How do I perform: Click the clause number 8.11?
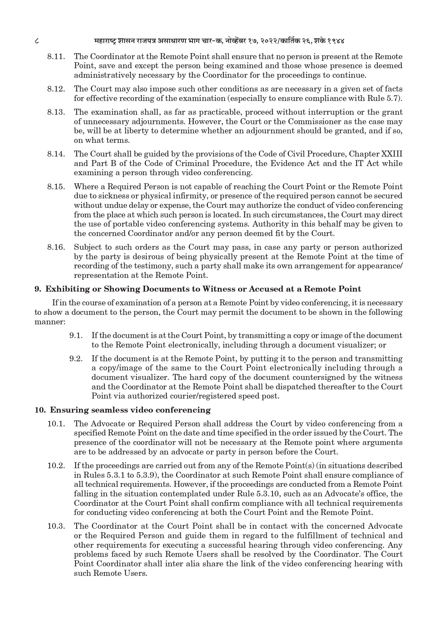pyautogui.click(x=56, y=57)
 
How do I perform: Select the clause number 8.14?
pyautogui.click(x=56, y=154)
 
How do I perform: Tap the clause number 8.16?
pyautogui.click(x=56, y=247)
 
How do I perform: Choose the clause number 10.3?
pyautogui.click(x=56, y=526)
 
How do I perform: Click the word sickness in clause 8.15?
pyautogui.click(x=101, y=196)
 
